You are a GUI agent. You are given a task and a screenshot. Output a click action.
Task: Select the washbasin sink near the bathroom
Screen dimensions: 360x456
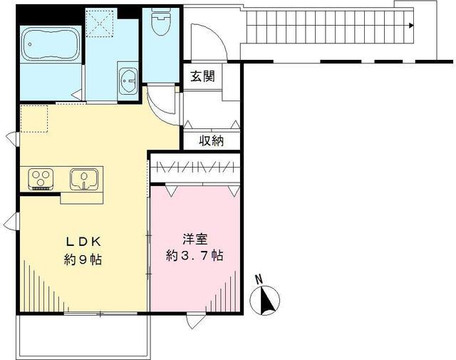[x=129, y=79]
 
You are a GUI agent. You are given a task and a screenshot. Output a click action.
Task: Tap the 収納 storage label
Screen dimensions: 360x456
[x=211, y=140]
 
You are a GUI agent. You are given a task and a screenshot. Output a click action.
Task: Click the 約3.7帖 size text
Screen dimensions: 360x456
[x=195, y=255]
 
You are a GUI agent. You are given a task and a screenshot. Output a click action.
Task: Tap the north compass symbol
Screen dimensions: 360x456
[x=266, y=300]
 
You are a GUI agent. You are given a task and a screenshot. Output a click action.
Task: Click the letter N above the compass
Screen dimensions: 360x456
[x=259, y=279]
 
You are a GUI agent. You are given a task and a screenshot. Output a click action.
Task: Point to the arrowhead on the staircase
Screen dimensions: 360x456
[x=411, y=25]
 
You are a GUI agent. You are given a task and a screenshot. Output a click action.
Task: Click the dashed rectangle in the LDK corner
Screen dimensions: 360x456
[x=33, y=118]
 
